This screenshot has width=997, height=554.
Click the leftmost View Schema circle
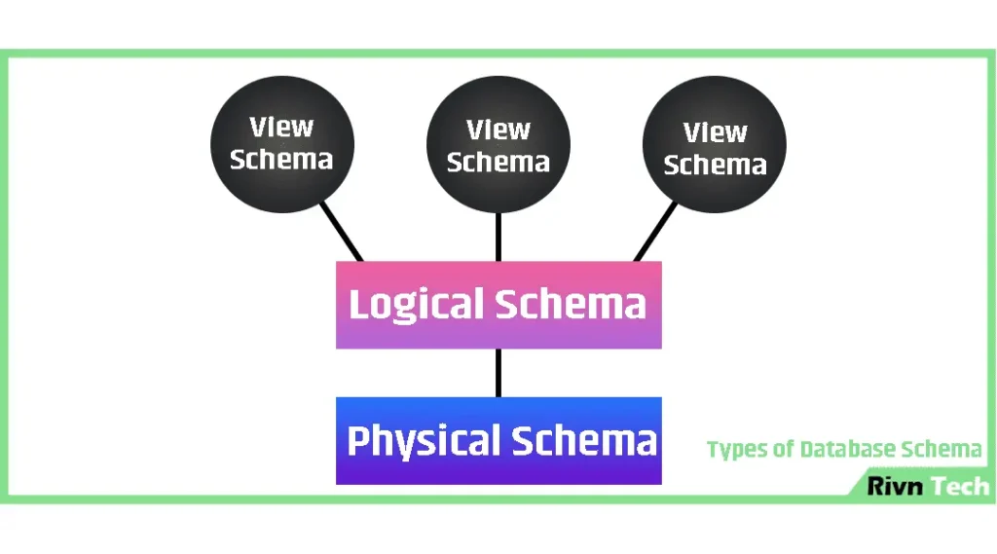pos(282,144)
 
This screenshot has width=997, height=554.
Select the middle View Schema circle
pos(498,146)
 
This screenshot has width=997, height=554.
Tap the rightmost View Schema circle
pos(715,148)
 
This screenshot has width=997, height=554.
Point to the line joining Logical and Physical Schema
pos(498,373)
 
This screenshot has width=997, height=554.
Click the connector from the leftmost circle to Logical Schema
pos(343,231)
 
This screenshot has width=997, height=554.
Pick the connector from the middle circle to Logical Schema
pos(498,237)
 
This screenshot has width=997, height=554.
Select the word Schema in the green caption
pos(942,450)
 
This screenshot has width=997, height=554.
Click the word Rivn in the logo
pos(895,487)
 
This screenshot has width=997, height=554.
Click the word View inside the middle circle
pos(498,130)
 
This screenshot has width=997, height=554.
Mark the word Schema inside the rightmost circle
pos(715,166)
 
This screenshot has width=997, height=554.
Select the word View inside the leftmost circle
pos(282,128)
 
